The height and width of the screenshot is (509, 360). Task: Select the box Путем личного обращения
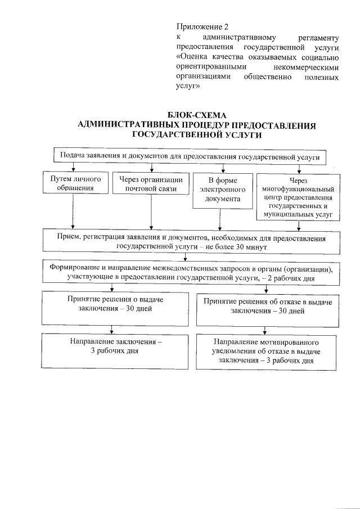pos(72,183)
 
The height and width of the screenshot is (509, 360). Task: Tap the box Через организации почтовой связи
pos(151,184)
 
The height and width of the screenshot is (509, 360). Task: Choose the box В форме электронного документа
pos(223,190)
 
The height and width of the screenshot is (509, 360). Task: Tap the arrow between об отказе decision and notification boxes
pos(263,330)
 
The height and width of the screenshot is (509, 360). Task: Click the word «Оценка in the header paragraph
pos(193,57)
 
